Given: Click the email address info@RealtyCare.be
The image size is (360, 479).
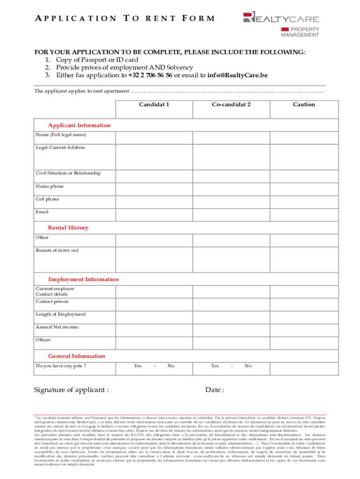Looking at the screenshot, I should pyautogui.click(x=238, y=75).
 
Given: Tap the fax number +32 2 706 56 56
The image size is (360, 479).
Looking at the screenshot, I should pyautogui.click(x=150, y=75).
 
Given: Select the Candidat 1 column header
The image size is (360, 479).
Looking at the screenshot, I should pyautogui.click(x=154, y=104).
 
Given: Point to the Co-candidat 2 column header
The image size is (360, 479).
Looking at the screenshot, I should pyautogui.click(x=231, y=104).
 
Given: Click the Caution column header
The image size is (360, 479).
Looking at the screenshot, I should pyautogui.click(x=304, y=104).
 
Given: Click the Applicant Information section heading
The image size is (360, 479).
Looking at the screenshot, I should pyautogui.click(x=79, y=125).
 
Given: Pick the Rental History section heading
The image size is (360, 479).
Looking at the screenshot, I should pyautogui.click(x=68, y=228).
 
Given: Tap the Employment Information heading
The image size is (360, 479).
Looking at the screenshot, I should pyautogui.click(x=83, y=279).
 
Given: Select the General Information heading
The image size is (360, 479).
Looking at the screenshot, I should pyautogui.click(x=77, y=356).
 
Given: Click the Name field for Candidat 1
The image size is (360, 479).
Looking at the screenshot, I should pyautogui.click(x=153, y=137).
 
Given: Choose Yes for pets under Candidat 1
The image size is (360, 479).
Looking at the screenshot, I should pyautogui.click(x=138, y=366).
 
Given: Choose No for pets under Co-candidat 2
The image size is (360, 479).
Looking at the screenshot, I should pyautogui.click(x=248, y=366).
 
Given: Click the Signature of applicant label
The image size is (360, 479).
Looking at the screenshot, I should pyautogui.click(x=72, y=390).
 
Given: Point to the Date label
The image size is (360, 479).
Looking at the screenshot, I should pyautogui.click(x=215, y=390).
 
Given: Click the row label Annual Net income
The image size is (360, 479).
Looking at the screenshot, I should pyautogui.click(x=58, y=327).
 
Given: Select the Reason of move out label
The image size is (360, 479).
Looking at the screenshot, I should pyautogui.click(x=57, y=250).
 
